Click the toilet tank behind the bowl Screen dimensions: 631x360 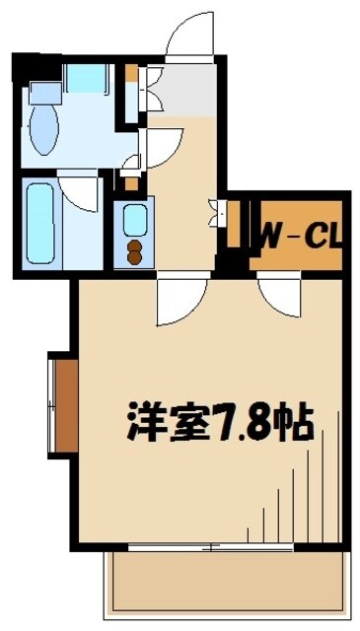[45, 94]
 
